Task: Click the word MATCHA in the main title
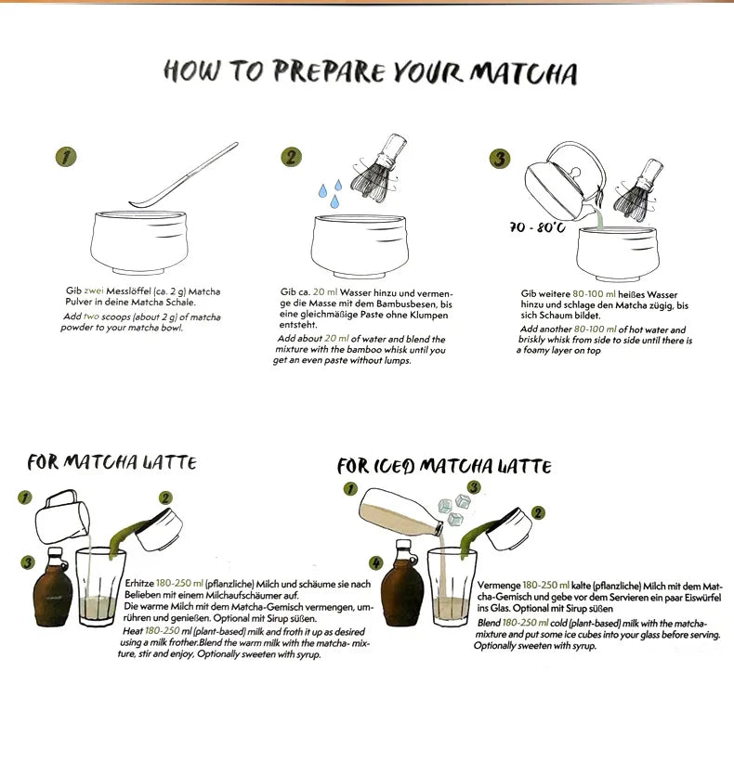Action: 523,73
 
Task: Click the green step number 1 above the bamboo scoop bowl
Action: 66,157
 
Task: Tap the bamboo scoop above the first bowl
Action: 184,175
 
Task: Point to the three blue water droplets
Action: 330,193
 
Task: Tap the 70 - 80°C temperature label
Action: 538,227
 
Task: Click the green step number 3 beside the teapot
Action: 499,159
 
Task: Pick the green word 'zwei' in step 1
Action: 94,291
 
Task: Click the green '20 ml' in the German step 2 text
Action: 324,292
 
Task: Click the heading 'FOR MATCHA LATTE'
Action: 111,462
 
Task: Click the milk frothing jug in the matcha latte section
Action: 62,516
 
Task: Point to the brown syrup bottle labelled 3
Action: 52,588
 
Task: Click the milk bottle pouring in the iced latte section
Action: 400,512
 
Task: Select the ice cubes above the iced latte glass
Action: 453,510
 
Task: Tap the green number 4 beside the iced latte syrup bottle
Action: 376,562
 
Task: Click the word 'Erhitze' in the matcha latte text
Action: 139,584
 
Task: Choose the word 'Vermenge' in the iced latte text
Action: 499,586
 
